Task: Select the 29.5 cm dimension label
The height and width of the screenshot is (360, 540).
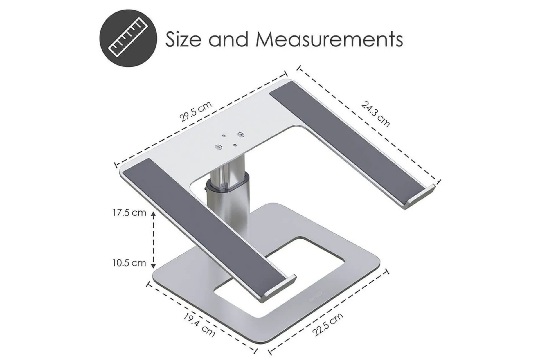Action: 195,112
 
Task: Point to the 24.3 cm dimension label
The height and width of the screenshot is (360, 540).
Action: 375,113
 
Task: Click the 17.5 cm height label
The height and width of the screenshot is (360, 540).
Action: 129,213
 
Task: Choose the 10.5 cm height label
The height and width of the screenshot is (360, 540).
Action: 129,263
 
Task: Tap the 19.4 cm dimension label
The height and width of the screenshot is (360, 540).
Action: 199,324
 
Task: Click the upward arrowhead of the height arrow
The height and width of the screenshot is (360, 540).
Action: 153,215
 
